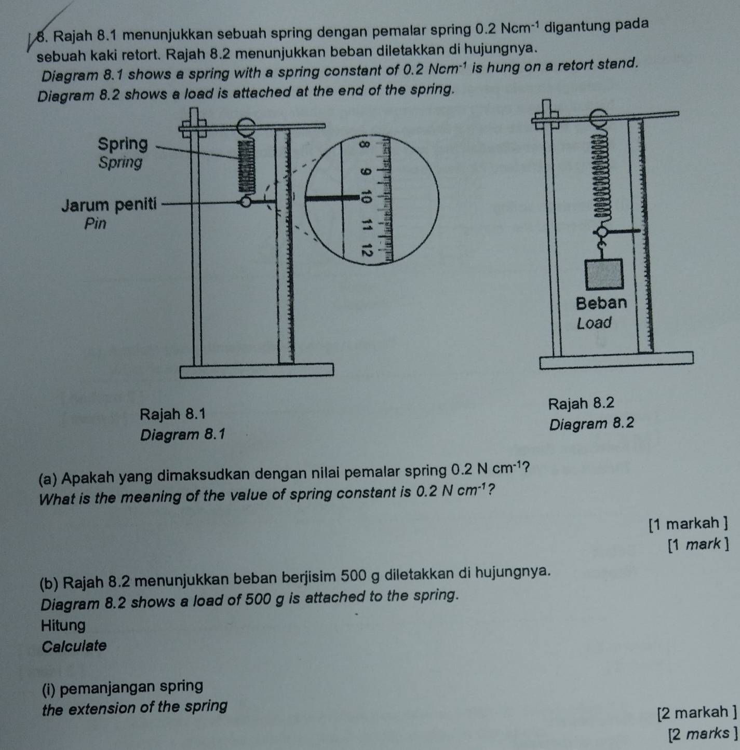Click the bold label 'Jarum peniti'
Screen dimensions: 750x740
(x=109, y=204)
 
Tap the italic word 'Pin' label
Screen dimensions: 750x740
(x=95, y=224)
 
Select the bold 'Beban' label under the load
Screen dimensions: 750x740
(x=601, y=302)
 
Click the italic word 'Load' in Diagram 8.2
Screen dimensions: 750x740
(x=595, y=323)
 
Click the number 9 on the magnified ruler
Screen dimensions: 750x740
(x=367, y=171)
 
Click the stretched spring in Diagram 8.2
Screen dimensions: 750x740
(x=602, y=176)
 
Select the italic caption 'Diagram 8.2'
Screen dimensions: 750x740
(x=592, y=424)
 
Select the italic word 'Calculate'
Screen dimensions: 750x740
(x=74, y=646)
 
